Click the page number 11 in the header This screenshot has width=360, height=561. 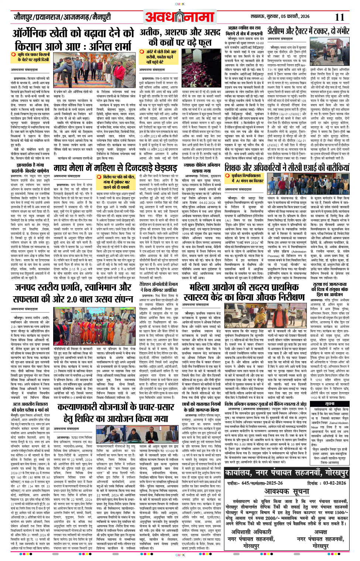[x=340, y=17]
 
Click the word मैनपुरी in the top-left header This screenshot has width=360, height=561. [x=99, y=17]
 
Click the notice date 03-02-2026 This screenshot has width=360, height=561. [x=333, y=482]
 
